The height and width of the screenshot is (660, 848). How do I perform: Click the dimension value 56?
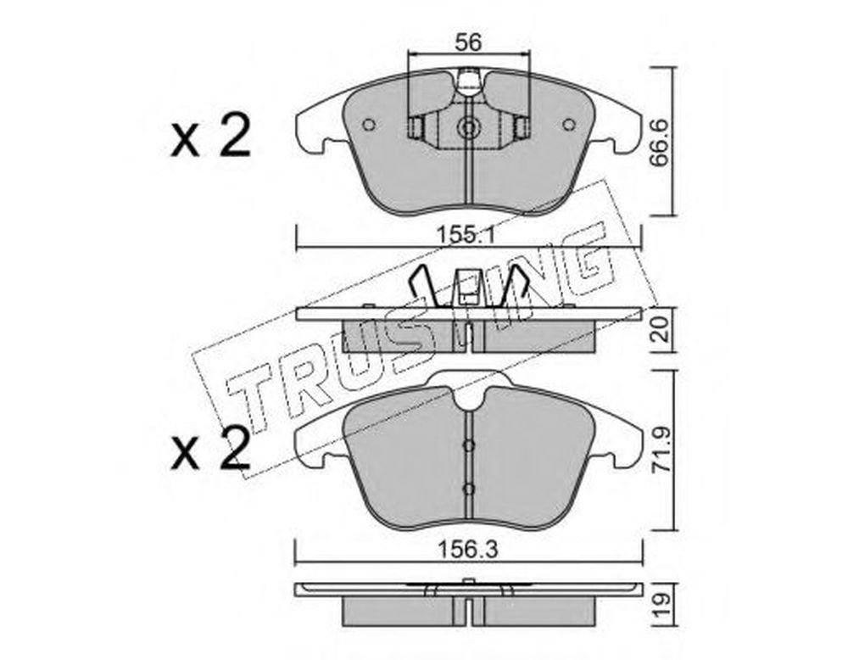pos(468,42)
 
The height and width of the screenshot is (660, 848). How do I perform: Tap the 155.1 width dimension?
pos(468,235)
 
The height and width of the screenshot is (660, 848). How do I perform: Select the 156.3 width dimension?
pos(468,551)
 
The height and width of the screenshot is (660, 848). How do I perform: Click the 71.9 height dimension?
pos(661,450)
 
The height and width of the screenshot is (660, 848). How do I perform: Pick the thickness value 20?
pos(661,329)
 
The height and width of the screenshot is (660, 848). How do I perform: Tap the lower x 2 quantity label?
pos(211,449)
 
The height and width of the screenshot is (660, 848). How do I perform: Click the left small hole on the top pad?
pos(369,125)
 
